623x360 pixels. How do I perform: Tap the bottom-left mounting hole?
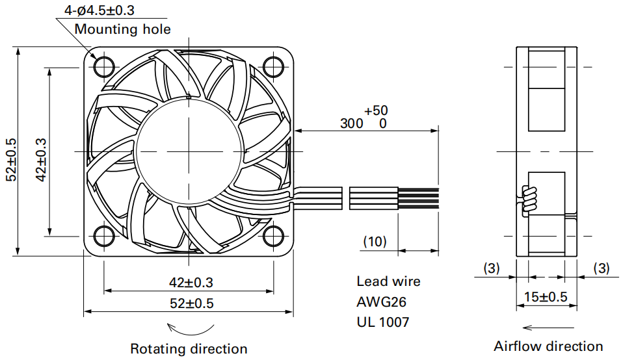(103, 236)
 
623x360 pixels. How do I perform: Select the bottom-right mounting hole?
(273, 236)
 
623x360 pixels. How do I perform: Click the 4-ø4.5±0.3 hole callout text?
(99, 10)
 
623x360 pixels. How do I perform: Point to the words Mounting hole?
(123, 29)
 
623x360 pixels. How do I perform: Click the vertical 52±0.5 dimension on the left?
(11, 160)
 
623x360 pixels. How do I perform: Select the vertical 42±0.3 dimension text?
(42, 160)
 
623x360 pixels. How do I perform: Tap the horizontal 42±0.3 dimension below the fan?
(191, 282)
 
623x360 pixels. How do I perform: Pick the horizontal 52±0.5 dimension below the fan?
(191, 303)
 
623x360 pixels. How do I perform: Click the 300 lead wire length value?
(352, 123)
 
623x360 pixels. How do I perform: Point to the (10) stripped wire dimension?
(375, 241)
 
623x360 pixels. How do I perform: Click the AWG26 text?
(382, 302)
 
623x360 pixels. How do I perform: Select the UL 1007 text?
(383, 322)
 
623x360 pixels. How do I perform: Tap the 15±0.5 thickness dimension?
(546, 297)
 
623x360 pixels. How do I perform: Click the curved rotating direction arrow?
(190, 329)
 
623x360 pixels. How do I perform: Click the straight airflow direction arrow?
(548, 328)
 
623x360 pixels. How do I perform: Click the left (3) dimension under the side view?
(492, 268)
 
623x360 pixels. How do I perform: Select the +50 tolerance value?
(376, 110)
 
